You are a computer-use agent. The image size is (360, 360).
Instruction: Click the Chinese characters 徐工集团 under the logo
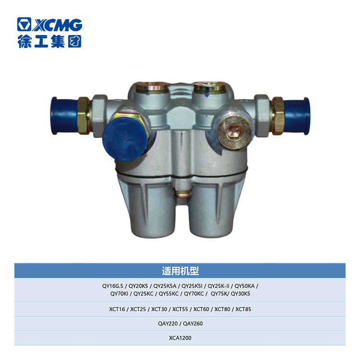point(49,41)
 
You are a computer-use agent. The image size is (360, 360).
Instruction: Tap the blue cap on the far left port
point(64,116)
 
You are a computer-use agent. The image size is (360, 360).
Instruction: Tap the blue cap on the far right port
point(297,116)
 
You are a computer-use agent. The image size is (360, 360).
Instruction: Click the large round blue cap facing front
point(124,139)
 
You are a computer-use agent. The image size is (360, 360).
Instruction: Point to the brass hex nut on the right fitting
point(278,116)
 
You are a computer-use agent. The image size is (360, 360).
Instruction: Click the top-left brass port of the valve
point(152,87)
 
